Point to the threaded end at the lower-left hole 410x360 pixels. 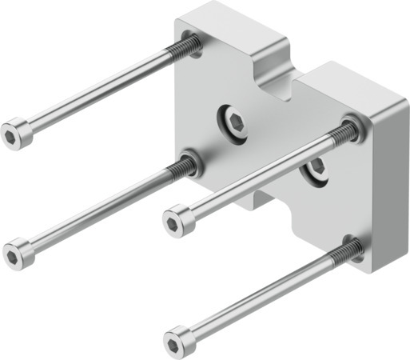click(184, 166)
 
